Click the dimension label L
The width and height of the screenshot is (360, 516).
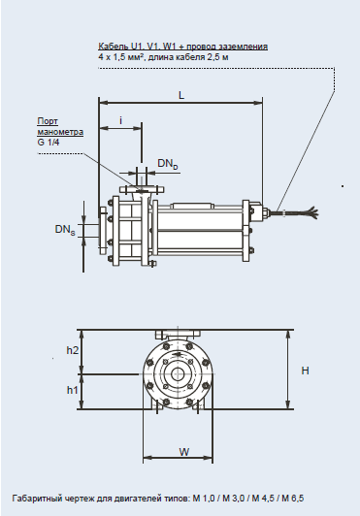point(181,95)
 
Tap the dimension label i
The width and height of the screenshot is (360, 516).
point(121,120)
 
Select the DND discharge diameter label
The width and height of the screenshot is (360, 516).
point(168,164)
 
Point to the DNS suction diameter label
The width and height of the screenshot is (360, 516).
point(65,229)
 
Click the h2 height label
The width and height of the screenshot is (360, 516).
point(73,350)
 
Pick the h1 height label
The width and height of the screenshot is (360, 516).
point(73,390)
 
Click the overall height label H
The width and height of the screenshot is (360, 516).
point(306,371)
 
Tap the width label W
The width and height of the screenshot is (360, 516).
point(184,452)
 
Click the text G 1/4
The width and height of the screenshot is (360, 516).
point(49,143)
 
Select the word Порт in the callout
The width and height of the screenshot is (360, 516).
point(48,121)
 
